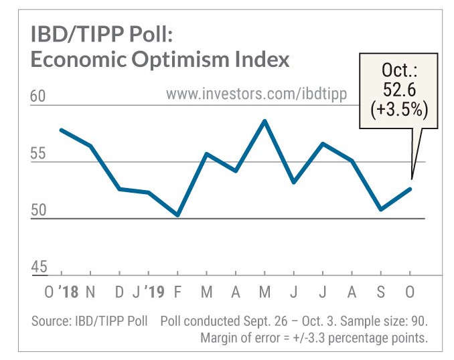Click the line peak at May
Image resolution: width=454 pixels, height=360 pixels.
265,121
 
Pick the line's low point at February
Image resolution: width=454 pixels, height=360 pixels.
177,215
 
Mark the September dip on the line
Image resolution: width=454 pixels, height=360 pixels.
381,209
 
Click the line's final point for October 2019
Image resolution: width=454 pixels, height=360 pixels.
410,189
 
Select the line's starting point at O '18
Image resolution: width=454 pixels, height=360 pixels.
62,130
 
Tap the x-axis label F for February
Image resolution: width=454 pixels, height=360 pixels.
177,293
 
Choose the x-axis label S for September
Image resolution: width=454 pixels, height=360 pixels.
381,293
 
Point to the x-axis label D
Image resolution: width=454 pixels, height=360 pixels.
119,293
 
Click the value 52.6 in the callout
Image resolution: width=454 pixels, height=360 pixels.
400,89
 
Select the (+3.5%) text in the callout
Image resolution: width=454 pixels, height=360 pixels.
400,108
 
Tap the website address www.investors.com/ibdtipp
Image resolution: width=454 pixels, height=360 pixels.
256,94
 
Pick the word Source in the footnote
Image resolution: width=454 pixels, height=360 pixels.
50,321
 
